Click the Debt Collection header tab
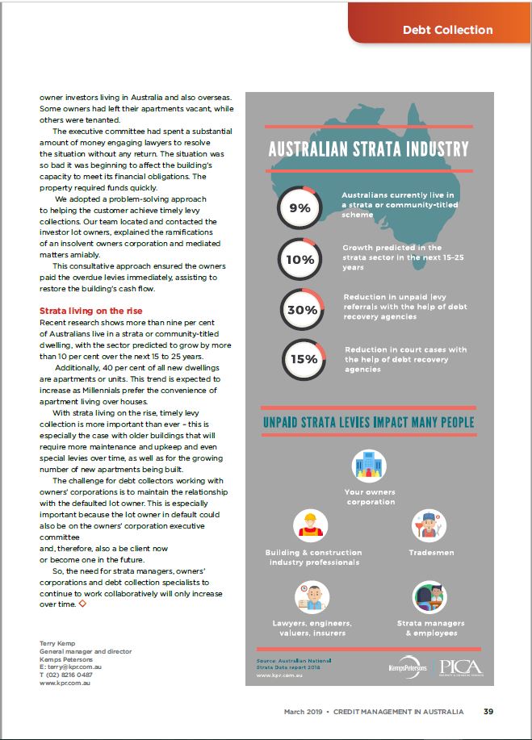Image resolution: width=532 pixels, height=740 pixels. click(447, 30)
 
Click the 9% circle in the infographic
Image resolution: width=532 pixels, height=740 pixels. click(299, 207)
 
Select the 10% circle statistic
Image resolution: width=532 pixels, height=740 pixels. click(299, 260)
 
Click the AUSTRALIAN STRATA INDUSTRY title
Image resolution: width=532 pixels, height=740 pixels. click(368, 149)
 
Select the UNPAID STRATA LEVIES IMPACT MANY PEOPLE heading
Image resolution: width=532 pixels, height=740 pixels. click(368, 422)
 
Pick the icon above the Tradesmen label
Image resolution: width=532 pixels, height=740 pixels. click(429, 525)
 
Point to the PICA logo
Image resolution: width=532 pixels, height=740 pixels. click(463, 667)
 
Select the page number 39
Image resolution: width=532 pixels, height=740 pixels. click(488, 712)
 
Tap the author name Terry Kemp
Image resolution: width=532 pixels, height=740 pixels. click(58, 642)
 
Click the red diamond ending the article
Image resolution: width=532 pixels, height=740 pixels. click(82, 603)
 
